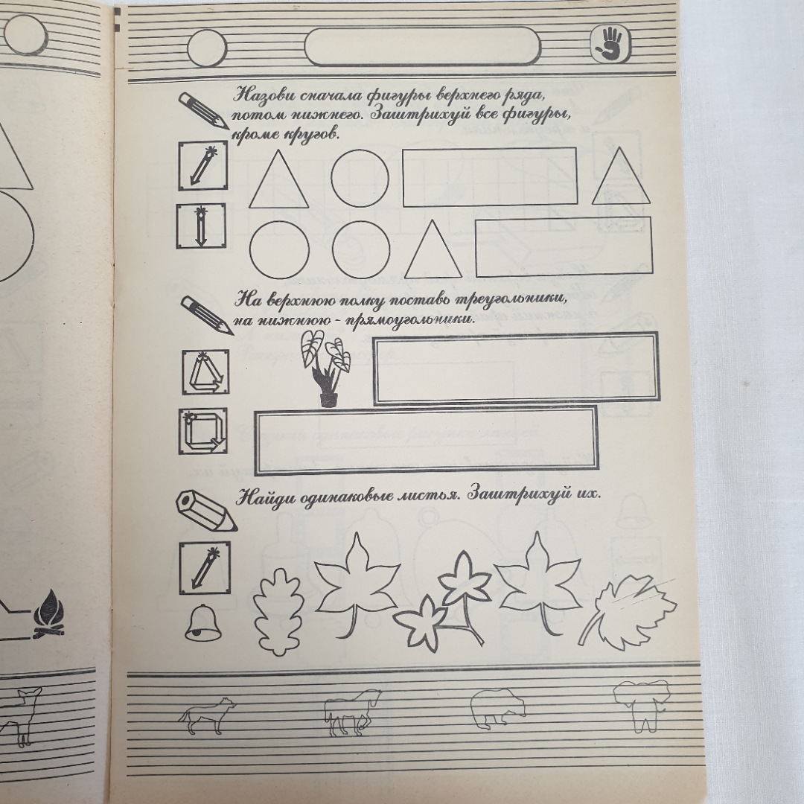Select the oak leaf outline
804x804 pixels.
click(278, 612)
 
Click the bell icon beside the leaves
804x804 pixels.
click(202, 622)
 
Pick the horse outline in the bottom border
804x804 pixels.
click(353, 712)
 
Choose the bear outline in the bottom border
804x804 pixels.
click(498, 708)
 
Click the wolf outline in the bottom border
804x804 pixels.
click(207, 714)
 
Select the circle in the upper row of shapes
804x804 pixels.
click(360, 178)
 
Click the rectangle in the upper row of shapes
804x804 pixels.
click(490, 177)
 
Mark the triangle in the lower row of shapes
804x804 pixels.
click(433, 249)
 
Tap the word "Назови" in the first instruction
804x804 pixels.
click(264, 95)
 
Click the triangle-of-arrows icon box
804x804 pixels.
click(205, 372)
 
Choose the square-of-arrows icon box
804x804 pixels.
click(203, 431)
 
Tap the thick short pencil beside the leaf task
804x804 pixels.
click(206, 510)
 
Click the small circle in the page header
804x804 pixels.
click(207, 48)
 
